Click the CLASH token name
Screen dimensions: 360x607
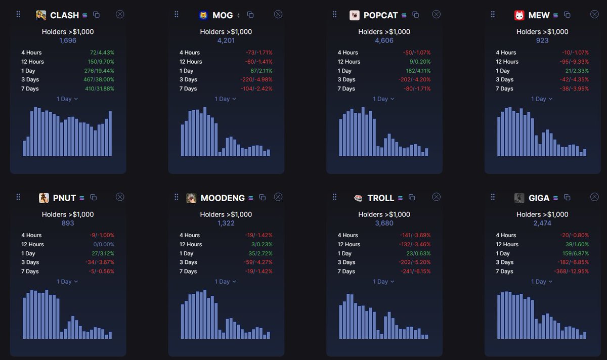point(64,15)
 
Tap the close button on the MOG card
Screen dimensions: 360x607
point(278,14)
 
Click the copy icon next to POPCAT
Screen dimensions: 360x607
point(416,15)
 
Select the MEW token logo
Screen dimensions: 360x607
point(519,15)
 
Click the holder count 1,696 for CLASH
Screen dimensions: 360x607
point(68,40)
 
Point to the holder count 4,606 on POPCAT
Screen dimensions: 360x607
point(384,40)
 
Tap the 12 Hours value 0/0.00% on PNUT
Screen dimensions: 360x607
point(103,244)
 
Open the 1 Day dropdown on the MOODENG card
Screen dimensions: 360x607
point(226,282)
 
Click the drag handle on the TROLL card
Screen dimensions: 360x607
point(334,197)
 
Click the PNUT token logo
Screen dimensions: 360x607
point(44,198)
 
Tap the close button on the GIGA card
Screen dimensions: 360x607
point(595,197)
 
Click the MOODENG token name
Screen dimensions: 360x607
point(223,198)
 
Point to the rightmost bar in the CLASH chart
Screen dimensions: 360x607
point(110,133)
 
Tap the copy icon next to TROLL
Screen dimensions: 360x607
point(412,197)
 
